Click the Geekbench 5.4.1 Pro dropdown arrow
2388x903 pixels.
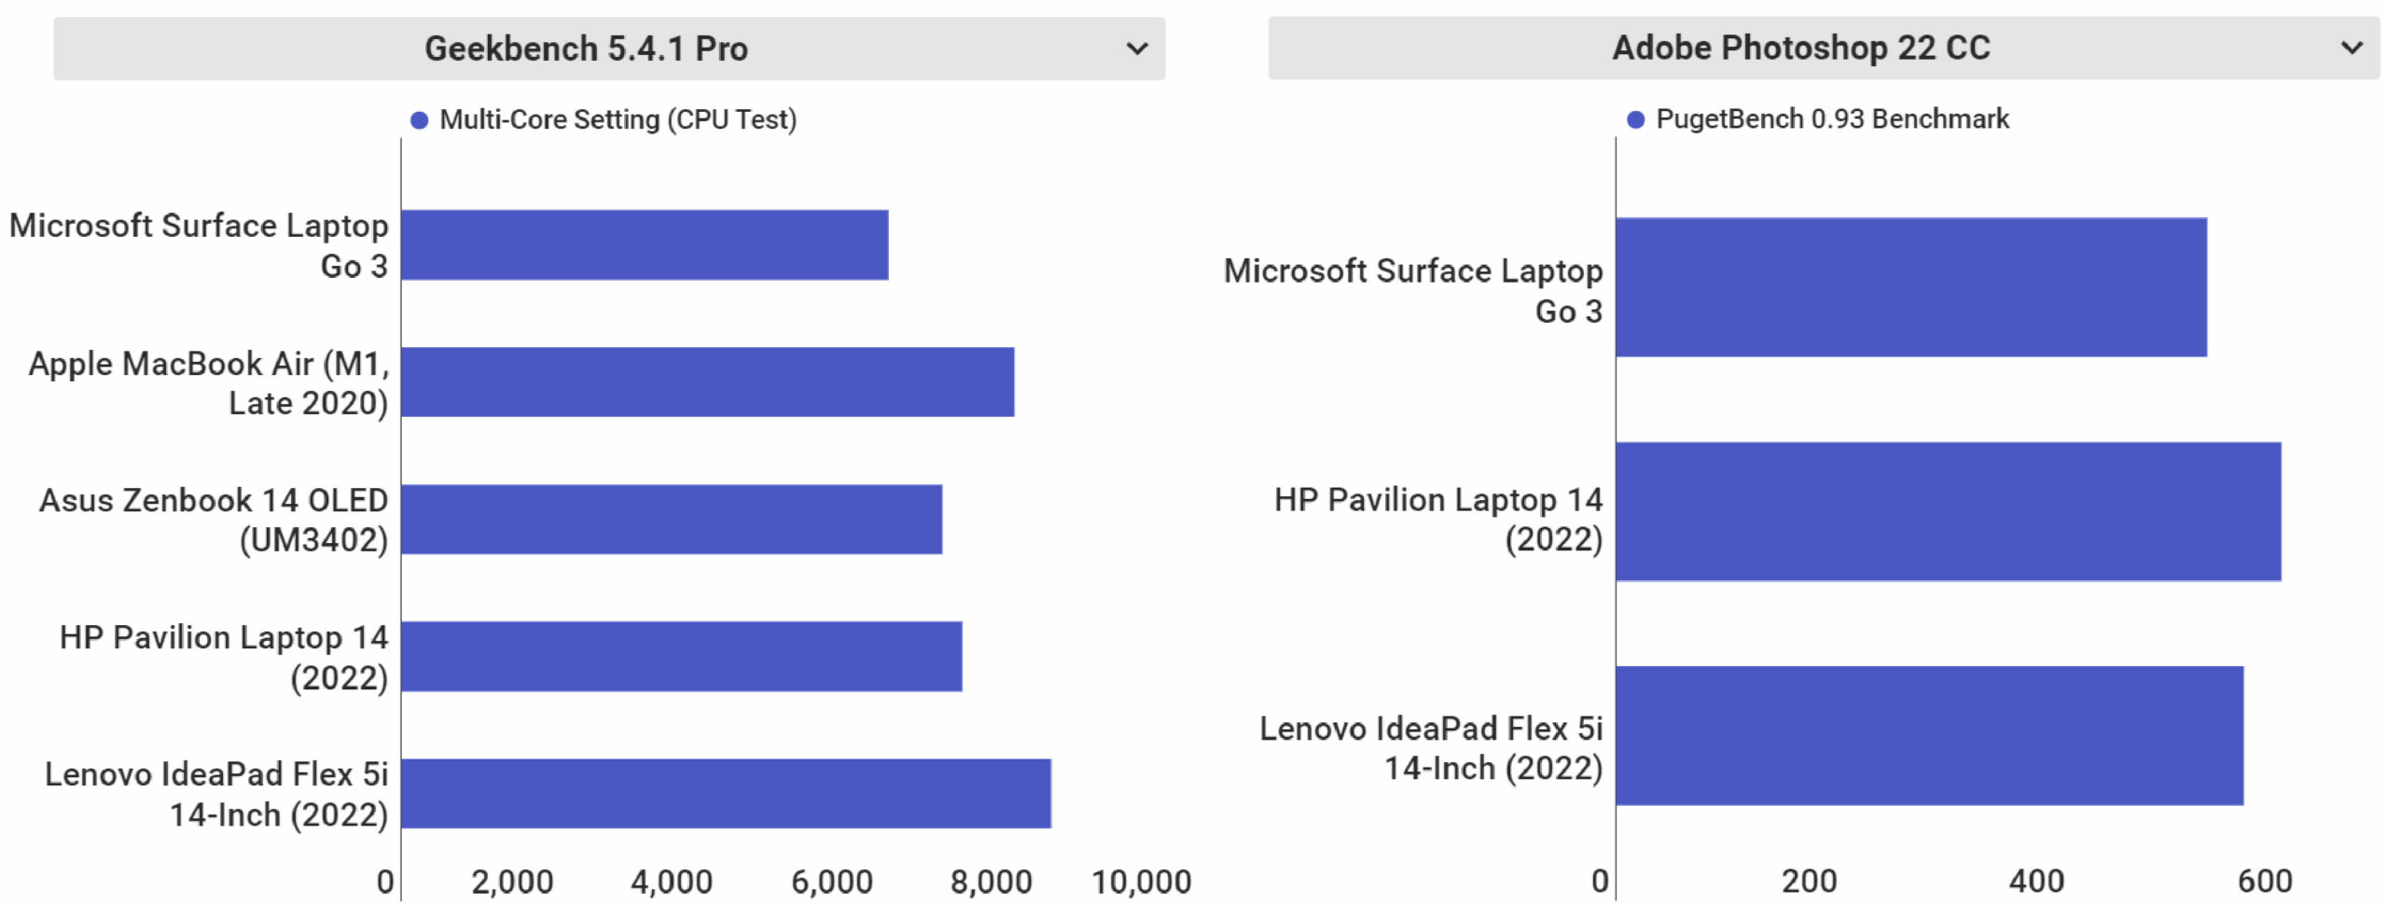(x=1136, y=49)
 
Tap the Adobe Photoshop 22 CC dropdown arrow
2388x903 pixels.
(x=2352, y=48)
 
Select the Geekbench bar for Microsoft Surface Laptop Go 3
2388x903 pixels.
(x=645, y=244)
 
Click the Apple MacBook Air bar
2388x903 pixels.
(x=707, y=382)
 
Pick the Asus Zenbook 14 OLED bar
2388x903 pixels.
(x=672, y=519)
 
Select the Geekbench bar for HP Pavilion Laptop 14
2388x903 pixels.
(x=681, y=656)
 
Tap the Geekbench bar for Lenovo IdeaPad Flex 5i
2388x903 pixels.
(x=726, y=793)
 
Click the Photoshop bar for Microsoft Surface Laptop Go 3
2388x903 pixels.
(x=1910, y=287)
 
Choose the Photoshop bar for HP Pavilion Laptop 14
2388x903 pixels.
(x=1948, y=511)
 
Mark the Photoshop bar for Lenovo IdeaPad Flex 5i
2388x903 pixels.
(x=1929, y=735)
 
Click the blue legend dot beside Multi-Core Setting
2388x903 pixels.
(x=420, y=120)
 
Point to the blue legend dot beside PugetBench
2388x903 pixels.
(x=1635, y=119)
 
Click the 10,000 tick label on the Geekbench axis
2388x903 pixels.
(x=1141, y=882)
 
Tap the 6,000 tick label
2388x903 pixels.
(x=831, y=882)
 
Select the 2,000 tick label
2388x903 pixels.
(x=512, y=882)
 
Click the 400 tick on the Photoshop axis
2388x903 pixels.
(x=2035, y=881)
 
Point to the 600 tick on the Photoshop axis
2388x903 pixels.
(x=2264, y=881)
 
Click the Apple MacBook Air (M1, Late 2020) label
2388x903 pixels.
(x=208, y=382)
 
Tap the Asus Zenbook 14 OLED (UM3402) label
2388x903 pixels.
(x=213, y=520)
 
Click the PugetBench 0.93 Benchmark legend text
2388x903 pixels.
(x=1831, y=119)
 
